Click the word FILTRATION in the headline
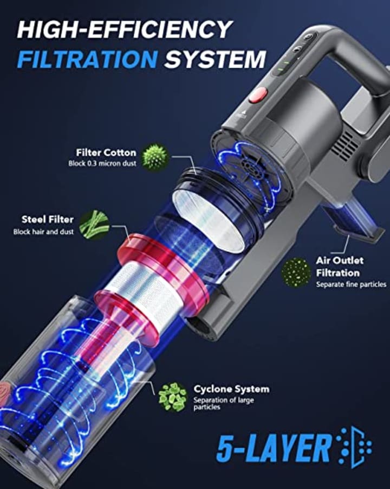point(87,59)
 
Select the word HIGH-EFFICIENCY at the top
point(125,29)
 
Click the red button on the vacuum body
point(258,96)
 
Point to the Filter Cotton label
point(106,153)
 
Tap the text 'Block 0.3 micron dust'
point(102,163)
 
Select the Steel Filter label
point(48,220)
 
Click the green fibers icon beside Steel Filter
point(94,223)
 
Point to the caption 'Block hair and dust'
point(43,232)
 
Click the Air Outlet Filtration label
point(340,266)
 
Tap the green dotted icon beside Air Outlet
point(296,272)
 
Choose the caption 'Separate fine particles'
point(351,284)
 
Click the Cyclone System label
point(232,389)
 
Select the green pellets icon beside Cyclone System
point(172,397)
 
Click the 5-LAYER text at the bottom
point(274,448)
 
